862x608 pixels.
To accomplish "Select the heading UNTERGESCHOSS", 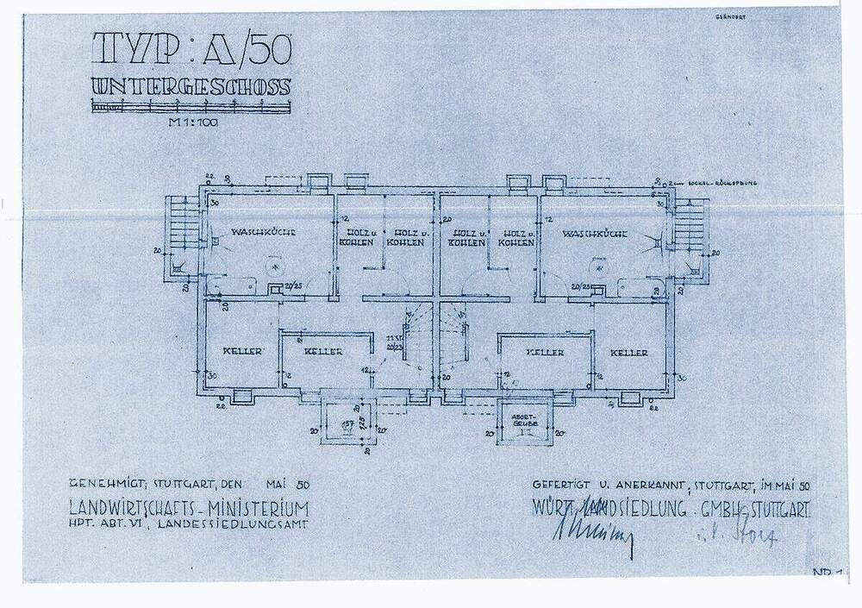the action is pyautogui.click(x=191, y=88).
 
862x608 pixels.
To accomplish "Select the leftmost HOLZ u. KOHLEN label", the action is pyautogui.click(x=359, y=237).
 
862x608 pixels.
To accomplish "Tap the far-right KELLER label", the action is pyautogui.click(x=629, y=354).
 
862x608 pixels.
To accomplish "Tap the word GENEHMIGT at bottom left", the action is pyautogui.click(x=103, y=484).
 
